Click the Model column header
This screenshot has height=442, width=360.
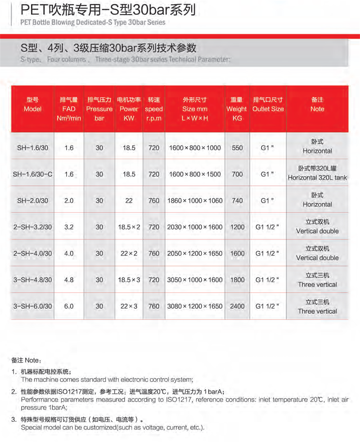pyautogui.click(x=32, y=109)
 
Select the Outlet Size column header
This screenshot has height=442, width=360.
pyautogui.click(x=268, y=109)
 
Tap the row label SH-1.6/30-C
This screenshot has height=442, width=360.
pyautogui.click(x=32, y=174)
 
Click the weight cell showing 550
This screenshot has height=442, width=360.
pyautogui.click(x=237, y=147)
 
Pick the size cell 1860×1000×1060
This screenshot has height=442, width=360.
pyautogui.click(x=195, y=201)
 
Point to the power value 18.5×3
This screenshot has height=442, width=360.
pyautogui.click(x=129, y=280)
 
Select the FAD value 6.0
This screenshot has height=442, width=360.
pyautogui.click(x=69, y=307)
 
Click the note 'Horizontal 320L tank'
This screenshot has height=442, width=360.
pyautogui.click(x=317, y=178)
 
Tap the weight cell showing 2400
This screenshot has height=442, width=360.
pyautogui.click(x=237, y=307)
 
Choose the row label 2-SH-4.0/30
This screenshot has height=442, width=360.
pyautogui.click(x=32, y=254)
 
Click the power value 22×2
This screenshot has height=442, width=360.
pyautogui.click(x=129, y=254)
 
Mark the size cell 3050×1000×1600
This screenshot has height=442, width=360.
pyautogui.click(x=195, y=280)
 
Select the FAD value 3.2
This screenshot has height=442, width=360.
pyautogui.click(x=69, y=227)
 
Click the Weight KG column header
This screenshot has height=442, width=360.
pyautogui.click(x=237, y=109)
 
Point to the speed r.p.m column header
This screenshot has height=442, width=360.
pyautogui.click(x=154, y=109)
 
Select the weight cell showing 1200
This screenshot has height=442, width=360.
pyautogui.click(x=237, y=227)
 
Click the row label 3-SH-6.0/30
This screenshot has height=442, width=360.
pyautogui.click(x=32, y=307)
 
